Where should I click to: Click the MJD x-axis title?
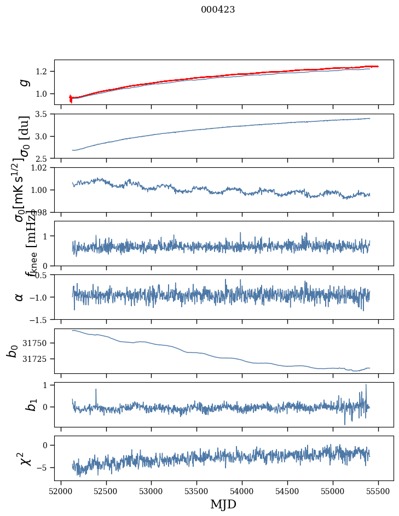click(223, 504)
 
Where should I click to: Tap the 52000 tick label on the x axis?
click(61, 491)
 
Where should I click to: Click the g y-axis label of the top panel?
click(23, 83)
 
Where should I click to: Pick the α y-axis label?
click(20, 297)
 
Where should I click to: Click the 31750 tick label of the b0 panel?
click(37, 343)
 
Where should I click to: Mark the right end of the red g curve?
click(378, 66)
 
